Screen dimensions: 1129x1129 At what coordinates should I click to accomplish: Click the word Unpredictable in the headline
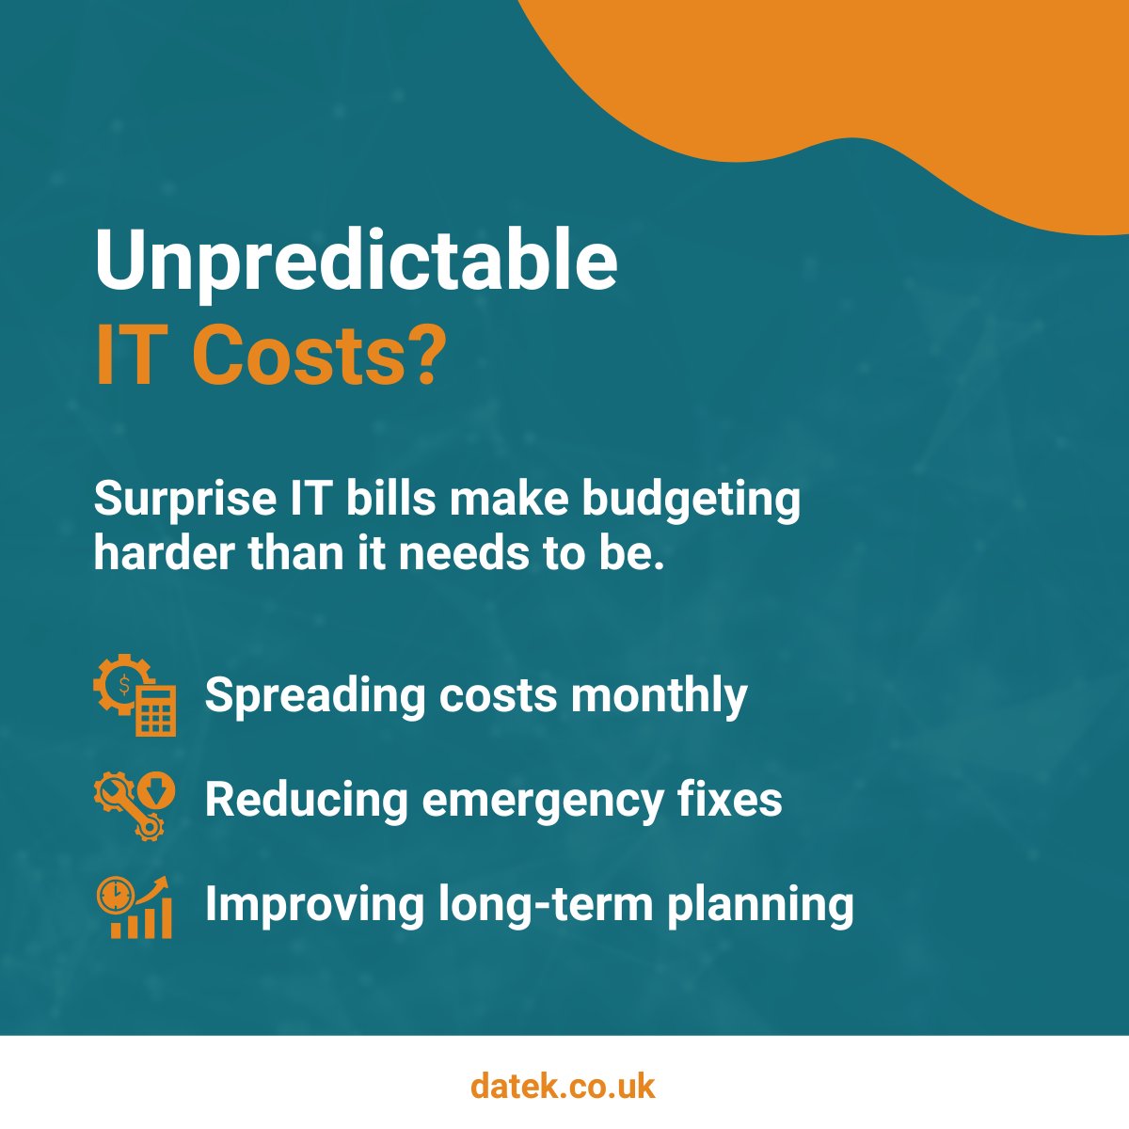tap(356, 262)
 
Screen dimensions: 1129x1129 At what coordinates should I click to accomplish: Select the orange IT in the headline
tap(126, 358)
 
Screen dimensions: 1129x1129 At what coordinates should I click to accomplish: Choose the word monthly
tap(659, 697)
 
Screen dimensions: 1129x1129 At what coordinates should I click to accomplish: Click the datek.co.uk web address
tap(563, 1087)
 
